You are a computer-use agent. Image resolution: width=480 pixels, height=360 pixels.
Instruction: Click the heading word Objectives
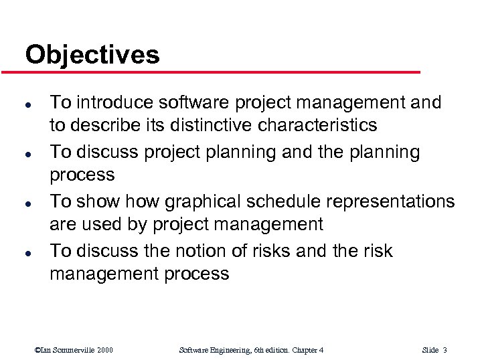pyautogui.click(x=92, y=54)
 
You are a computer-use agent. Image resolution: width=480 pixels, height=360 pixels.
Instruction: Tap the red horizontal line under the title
pyautogui.click(x=221, y=72)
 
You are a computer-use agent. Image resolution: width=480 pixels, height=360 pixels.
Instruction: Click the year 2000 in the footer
pyautogui.click(x=104, y=350)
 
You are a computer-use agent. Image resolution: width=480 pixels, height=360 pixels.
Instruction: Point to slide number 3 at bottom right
pyautogui.click(x=445, y=350)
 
